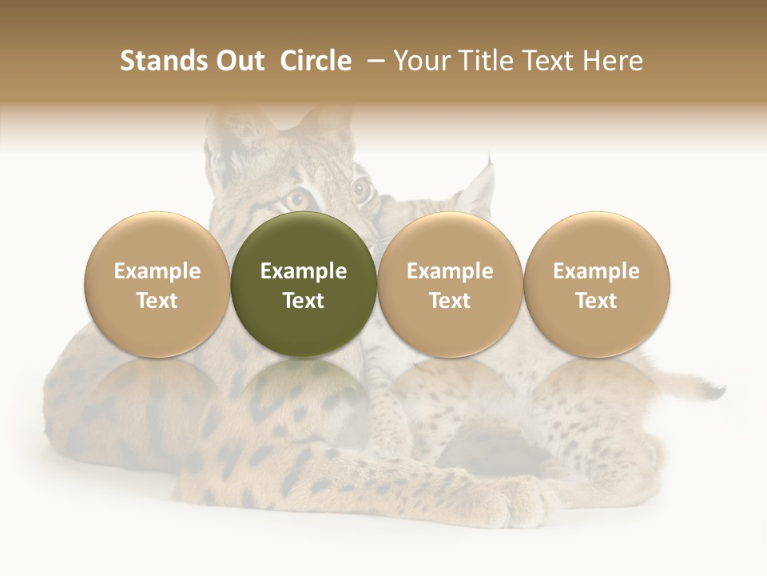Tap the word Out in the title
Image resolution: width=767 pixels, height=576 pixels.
[x=238, y=61]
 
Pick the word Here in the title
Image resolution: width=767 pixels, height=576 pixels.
[x=613, y=61]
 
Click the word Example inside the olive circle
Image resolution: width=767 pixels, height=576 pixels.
[x=304, y=271]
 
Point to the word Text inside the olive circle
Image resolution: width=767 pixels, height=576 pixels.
[x=304, y=301]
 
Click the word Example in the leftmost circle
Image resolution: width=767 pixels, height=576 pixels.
[x=157, y=271]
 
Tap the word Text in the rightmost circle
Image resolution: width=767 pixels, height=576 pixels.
[x=596, y=301]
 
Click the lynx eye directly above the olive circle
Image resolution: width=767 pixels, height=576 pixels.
[x=299, y=197]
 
